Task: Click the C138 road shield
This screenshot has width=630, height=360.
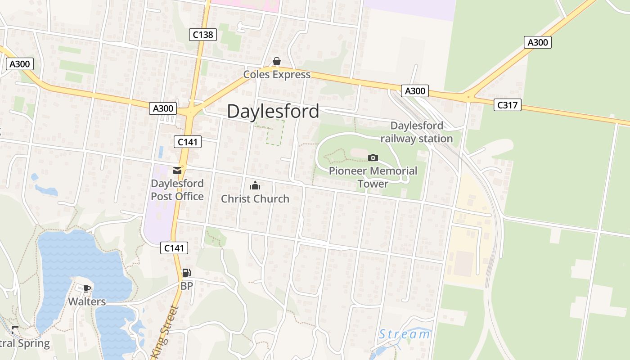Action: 203,34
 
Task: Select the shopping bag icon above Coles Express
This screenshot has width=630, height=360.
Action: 277,62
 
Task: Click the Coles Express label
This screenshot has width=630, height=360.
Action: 277,74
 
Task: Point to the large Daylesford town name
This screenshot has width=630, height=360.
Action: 273,111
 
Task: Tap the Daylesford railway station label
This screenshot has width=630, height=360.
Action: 417,132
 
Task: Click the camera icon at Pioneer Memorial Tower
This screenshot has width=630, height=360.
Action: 373,157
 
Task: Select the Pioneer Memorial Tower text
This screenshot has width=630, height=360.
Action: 373,177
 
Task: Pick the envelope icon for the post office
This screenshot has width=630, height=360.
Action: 177,171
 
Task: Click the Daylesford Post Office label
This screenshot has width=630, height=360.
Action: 177,190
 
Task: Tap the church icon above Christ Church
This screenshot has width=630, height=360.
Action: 255,185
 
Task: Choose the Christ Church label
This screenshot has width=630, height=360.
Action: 255,198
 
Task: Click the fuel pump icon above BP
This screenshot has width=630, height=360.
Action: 186,273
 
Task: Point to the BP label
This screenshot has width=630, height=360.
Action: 187,286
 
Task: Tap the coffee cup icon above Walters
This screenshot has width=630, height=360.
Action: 87,288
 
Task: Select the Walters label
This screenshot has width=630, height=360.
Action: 87,301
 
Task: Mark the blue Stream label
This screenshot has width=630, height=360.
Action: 404,334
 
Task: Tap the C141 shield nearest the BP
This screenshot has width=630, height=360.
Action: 174,247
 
